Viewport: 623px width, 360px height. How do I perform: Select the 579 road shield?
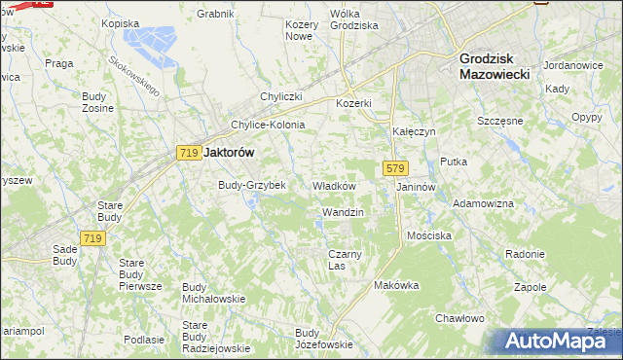[x=394, y=168]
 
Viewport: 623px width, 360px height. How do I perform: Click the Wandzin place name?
[x=343, y=211]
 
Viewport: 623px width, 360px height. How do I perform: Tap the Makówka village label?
[x=395, y=285]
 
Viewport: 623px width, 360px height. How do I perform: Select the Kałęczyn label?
[x=413, y=130]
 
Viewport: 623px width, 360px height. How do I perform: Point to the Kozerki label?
[x=354, y=103]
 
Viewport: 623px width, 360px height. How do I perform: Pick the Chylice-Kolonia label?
[x=267, y=125]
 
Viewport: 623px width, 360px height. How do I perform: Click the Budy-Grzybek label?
[x=251, y=185]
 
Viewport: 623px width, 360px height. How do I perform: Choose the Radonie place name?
[x=525, y=254]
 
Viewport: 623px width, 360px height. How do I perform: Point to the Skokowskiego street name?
[x=133, y=76]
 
